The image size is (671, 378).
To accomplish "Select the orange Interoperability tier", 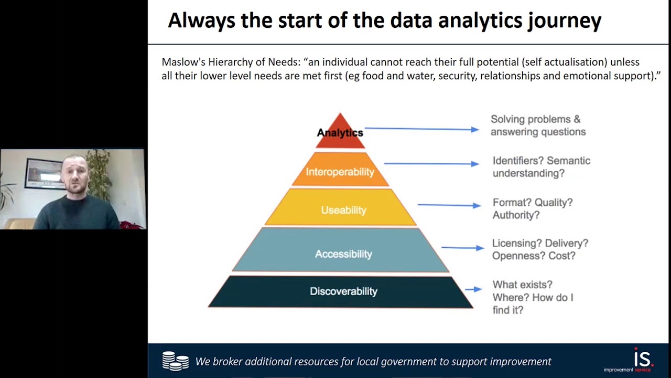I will point(340,172).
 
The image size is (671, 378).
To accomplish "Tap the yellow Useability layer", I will point(343,210).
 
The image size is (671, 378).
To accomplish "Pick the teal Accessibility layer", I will point(343,254).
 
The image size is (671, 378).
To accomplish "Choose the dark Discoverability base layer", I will point(343,291).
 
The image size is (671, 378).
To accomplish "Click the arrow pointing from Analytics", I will point(421,129).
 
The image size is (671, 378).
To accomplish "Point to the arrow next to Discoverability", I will point(473,289).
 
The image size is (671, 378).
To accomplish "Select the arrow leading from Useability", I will point(449,205).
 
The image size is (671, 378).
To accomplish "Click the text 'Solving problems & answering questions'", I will point(538,125).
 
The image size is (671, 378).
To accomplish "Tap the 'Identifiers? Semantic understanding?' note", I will point(541,167).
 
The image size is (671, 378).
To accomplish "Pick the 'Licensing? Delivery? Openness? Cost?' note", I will point(539,249).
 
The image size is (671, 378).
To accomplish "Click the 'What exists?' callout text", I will point(522,285).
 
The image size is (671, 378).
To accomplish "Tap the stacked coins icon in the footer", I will point(175,361).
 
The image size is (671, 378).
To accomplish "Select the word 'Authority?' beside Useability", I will point(515,215).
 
